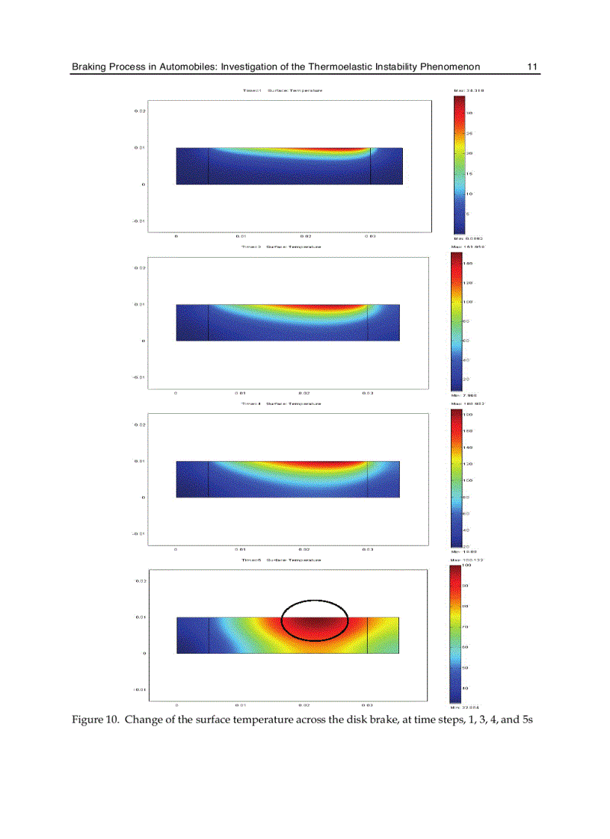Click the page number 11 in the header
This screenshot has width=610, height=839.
click(x=532, y=67)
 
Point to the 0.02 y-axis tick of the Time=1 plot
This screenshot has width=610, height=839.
click(x=140, y=111)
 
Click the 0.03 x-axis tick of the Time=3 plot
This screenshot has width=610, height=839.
click(x=368, y=392)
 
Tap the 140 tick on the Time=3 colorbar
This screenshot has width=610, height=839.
click(x=468, y=264)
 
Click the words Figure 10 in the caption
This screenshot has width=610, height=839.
click(x=94, y=719)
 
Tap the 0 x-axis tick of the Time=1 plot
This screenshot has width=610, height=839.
click(x=176, y=236)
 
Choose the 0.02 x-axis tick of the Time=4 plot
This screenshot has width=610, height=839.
click(x=304, y=549)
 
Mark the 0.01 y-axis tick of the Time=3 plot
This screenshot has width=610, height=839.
click(x=140, y=304)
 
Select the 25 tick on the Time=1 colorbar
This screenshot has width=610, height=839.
click(x=468, y=133)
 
